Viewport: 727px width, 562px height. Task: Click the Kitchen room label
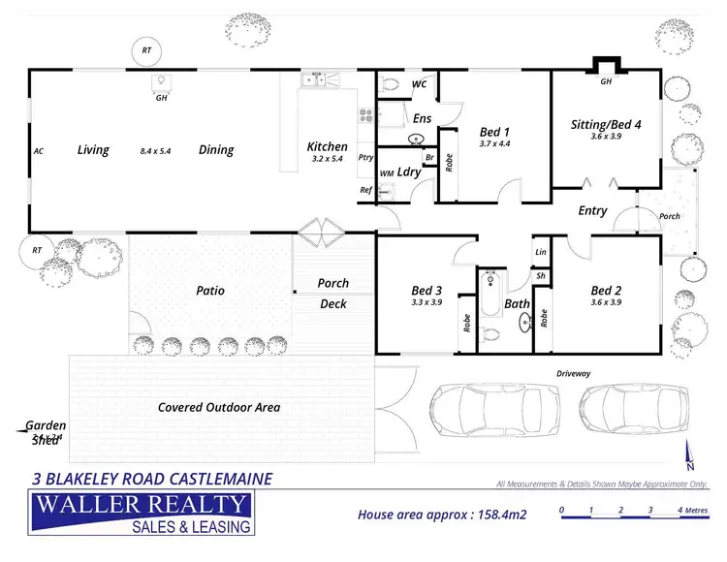tap(327, 146)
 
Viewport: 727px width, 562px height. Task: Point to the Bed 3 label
tap(427, 290)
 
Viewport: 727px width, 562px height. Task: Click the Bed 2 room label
tap(605, 290)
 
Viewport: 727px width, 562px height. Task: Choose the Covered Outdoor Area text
tap(219, 407)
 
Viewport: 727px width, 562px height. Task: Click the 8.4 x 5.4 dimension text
tap(160, 151)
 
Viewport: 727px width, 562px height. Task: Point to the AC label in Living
tap(39, 151)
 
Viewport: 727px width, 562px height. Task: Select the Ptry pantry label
tap(365, 157)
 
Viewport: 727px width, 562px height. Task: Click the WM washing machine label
tap(386, 172)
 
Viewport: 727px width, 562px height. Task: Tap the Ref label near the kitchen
tap(365, 190)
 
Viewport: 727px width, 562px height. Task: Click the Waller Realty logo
tap(142, 513)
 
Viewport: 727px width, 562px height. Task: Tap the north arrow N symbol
tap(689, 455)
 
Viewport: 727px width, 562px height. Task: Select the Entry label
tap(592, 210)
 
